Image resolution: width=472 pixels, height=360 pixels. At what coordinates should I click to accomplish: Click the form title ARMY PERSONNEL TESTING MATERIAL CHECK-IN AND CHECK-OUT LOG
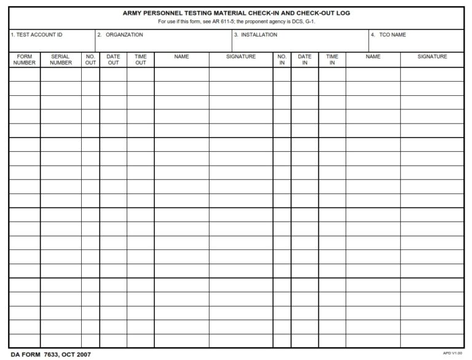click(236, 13)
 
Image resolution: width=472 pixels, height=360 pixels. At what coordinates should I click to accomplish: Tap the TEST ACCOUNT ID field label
click(36, 35)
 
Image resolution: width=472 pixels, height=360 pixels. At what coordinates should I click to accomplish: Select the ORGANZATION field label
click(120, 35)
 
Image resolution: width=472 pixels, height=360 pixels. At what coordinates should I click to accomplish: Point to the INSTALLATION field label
click(256, 35)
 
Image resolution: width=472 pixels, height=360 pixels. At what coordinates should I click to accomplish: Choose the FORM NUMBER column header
click(25, 60)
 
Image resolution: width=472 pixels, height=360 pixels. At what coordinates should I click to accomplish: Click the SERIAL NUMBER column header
click(61, 60)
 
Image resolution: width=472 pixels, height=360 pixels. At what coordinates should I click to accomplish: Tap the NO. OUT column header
click(90, 60)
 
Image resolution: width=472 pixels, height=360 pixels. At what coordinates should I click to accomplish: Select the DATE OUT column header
click(113, 60)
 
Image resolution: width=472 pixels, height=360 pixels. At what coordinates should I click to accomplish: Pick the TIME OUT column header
click(141, 60)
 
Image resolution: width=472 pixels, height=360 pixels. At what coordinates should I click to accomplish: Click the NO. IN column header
click(282, 60)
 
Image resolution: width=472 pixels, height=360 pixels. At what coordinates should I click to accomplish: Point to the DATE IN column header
click(305, 60)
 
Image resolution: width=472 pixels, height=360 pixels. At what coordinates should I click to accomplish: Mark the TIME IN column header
click(332, 60)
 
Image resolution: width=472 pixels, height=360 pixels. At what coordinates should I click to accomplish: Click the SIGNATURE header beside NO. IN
click(241, 57)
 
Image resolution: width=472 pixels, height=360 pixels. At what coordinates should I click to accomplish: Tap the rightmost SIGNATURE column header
click(432, 57)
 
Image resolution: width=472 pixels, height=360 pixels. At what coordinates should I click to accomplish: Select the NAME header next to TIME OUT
click(181, 57)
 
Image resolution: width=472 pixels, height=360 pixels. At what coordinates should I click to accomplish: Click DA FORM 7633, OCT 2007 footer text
click(51, 355)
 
